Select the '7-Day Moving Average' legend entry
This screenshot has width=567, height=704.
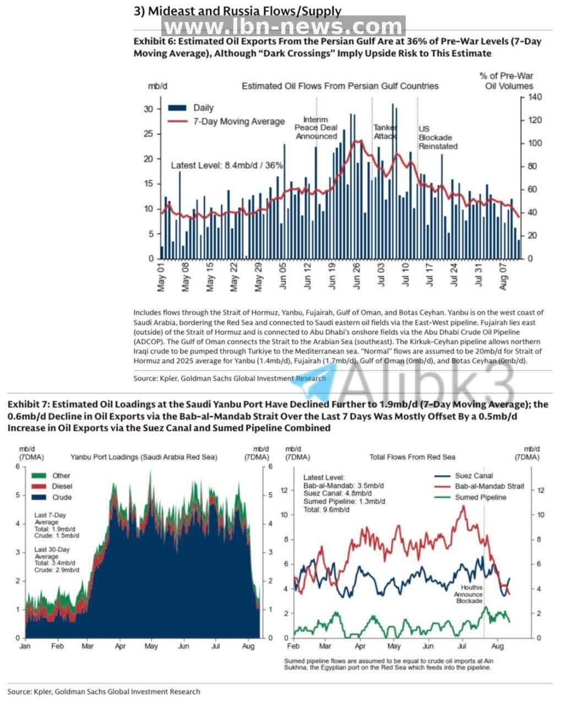coord(226,122)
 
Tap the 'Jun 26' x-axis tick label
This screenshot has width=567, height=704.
coord(356,276)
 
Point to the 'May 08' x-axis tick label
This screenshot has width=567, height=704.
coord(186,277)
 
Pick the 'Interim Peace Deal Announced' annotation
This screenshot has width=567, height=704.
coord(316,128)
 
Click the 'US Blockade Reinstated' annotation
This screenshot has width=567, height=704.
coord(438,137)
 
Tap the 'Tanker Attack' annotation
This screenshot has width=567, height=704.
coord(385,131)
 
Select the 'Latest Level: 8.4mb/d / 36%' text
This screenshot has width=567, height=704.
coord(227,166)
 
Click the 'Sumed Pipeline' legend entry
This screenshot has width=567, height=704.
coord(470,497)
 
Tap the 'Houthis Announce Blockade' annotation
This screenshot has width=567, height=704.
coord(468,595)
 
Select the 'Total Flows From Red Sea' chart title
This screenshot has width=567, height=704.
coord(412,457)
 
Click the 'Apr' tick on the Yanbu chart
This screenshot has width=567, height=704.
coord(120,646)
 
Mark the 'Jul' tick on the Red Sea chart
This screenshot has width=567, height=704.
coord(462,646)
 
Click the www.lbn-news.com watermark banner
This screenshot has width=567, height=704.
coord(283,26)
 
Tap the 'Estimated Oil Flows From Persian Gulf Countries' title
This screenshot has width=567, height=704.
coord(340,86)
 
